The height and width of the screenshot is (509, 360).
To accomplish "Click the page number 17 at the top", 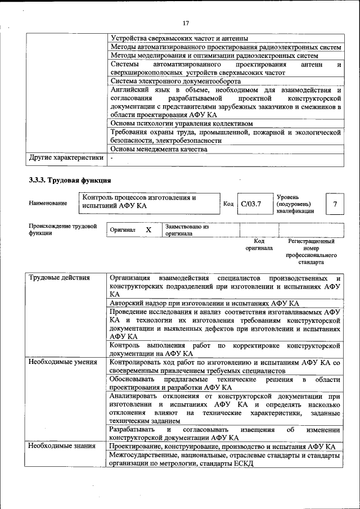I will tap(186, 23).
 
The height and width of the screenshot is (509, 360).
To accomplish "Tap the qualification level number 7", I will tap(335, 204).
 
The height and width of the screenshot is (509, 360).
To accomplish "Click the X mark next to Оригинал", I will tap(148, 230).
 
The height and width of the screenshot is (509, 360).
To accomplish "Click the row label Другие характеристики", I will tap(66, 158).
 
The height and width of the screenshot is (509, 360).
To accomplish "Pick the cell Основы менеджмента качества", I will tap(159, 149).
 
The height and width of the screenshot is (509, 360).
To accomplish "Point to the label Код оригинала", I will tap(259, 244).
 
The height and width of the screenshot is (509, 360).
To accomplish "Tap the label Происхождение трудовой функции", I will tap(62, 229).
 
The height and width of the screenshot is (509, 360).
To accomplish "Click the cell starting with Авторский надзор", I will tap(204, 303).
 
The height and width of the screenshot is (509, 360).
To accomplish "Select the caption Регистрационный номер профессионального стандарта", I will tap(311, 251).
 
